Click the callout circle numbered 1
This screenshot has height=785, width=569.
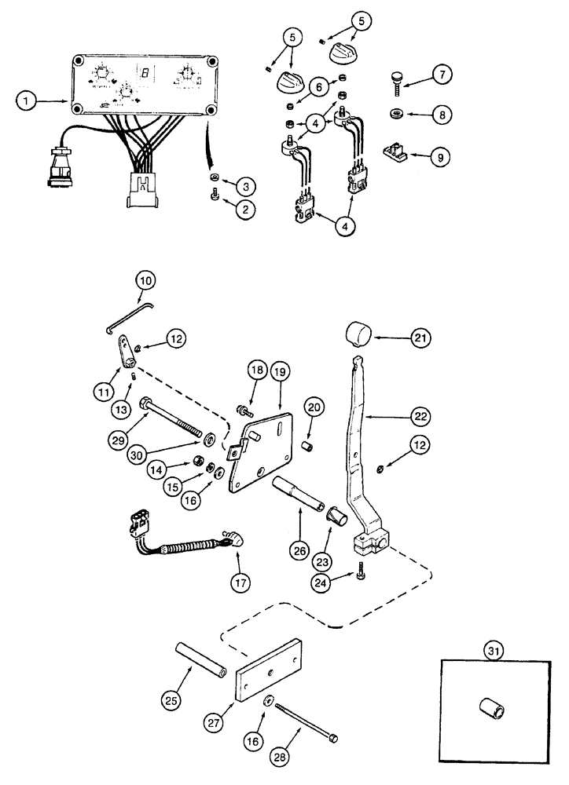pos(27,100)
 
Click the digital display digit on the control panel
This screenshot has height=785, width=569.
pos(145,74)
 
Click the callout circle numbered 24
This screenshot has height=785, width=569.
pos(341,583)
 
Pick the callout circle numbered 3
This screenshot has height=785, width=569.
pos(248,186)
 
